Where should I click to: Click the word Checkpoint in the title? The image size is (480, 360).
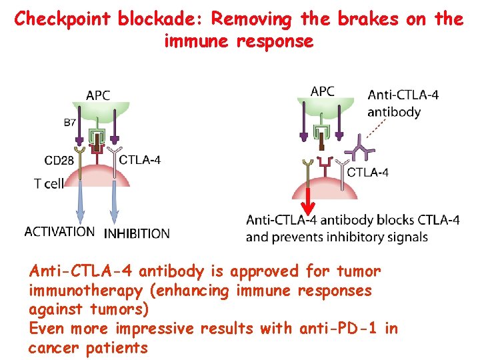[63, 19]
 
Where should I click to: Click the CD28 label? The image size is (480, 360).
[59, 160]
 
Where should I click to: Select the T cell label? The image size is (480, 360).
[49, 183]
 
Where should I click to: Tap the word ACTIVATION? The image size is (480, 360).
[59, 232]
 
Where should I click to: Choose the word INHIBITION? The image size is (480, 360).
[137, 233]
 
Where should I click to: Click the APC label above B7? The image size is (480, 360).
[97, 95]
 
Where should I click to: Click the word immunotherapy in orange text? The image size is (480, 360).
[85, 291]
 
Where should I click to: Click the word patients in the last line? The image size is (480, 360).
[117, 347]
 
